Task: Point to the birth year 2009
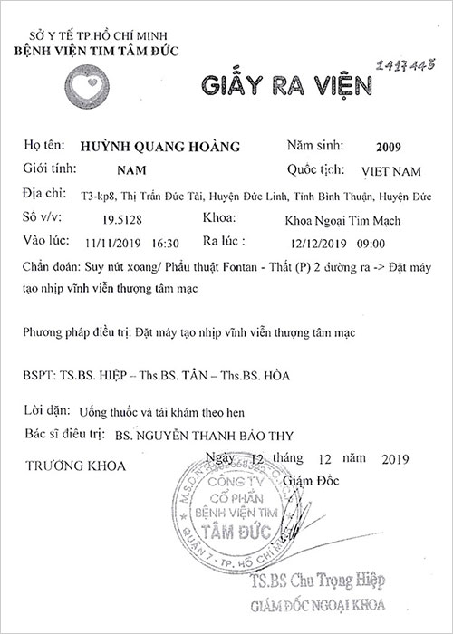tap(386, 147)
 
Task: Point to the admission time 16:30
tap(167, 244)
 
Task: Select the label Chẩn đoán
tap(43, 268)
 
